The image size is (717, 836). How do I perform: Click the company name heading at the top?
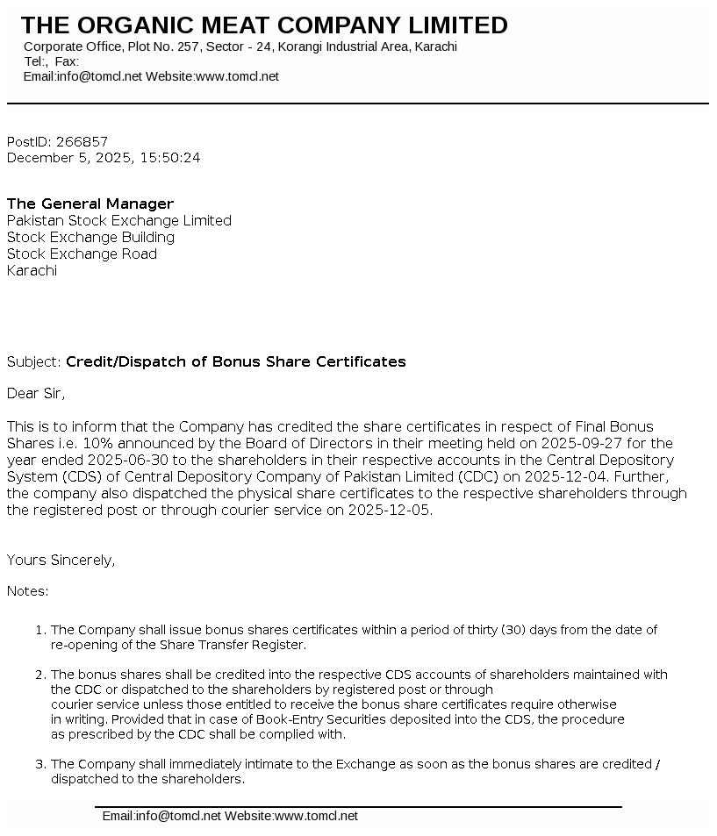pyautogui.click(x=264, y=25)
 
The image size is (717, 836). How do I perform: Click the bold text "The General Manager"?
pyautogui.click(x=90, y=204)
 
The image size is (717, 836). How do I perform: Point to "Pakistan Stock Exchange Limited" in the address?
pyautogui.click(x=119, y=220)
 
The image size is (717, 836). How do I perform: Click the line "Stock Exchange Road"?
pyautogui.click(x=82, y=254)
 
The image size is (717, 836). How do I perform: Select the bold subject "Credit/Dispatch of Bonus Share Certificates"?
pyautogui.click(x=236, y=361)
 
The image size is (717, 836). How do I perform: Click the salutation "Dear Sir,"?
pyautogui.click(x=36, y=393)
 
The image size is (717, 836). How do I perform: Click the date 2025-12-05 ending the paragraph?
pyautogui.click(x=390, y=510)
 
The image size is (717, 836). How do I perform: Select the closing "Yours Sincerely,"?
pyautogui.click(x=61, y=560)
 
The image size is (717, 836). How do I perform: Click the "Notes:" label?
pyautogui.click(x=28, y=591)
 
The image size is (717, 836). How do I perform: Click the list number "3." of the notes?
pyautogui.click(x=40, y=764)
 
